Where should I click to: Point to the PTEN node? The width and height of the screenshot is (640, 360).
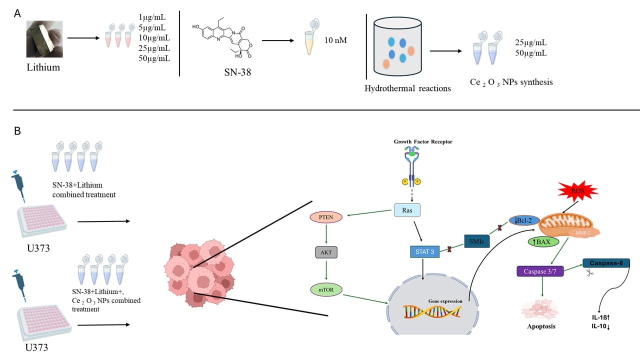[x=326, y=218]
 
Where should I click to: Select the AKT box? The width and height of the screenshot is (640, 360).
[x=326, y=252]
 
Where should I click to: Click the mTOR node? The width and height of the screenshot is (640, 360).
[x=326, y=289]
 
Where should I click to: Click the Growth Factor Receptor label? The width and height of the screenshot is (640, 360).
[x=422, y=142]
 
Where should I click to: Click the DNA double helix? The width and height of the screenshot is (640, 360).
[x=433, y=312]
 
